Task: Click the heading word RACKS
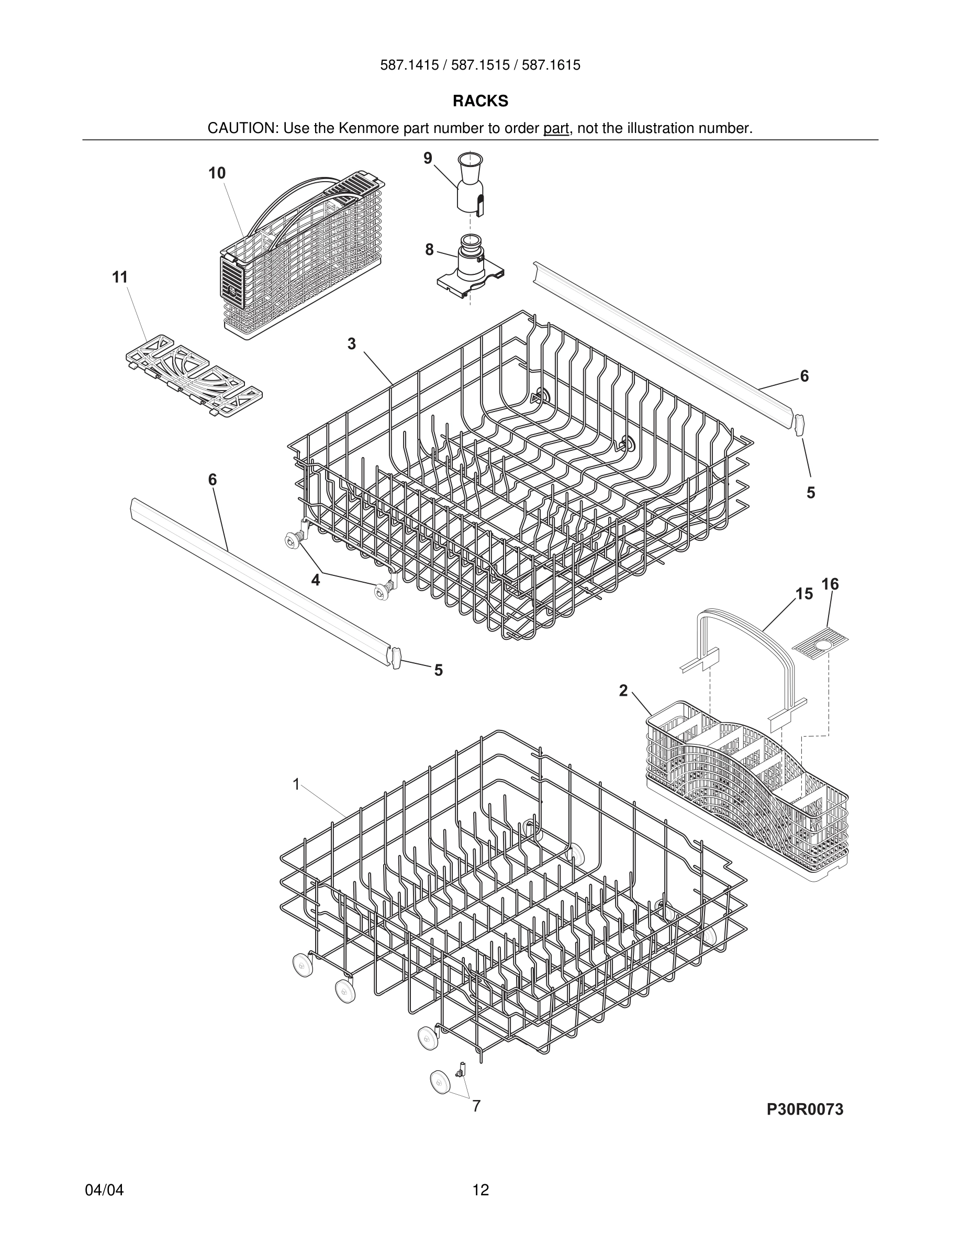(x=480, y=101)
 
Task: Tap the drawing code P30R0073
(x=804, y=1109)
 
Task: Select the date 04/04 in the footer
(x=104, y=1190)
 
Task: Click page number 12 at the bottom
(x=480, y=1190)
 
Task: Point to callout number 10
(x=217, y=173)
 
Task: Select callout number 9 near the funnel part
(x=428, y=158)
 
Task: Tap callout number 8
(x=429, y=250)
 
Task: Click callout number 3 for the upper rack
(x=352, y=344)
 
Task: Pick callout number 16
(x=830, y=584)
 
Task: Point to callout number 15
(x=804, y=594)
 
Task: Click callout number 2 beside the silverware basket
(x=623, y=691)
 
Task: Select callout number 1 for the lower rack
(x=296, y=784)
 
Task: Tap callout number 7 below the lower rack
(x=476, y=1106)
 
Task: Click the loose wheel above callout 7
(x=440, y=1081)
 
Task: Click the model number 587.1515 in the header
(x=480, y=65)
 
